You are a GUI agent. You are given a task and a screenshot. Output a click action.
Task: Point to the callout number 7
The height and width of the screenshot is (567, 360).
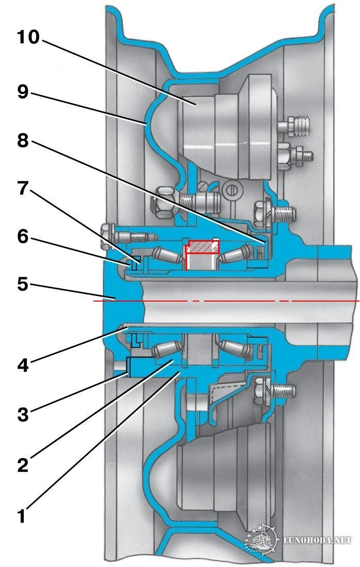point(22,188)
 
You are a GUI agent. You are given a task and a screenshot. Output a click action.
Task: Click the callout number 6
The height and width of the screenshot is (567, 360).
point(22,236)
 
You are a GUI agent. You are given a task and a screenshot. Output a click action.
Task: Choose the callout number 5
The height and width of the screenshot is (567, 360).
point(22,283)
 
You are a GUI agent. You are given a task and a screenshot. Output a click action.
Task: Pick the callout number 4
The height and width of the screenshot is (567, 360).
point(22,365)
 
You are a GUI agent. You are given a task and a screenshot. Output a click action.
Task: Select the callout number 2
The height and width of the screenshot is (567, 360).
point(22,465)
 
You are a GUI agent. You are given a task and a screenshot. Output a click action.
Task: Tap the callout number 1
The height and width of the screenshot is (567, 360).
point(22,515)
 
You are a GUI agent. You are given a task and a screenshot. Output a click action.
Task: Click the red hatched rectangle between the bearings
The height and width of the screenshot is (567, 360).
point(202,246)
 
